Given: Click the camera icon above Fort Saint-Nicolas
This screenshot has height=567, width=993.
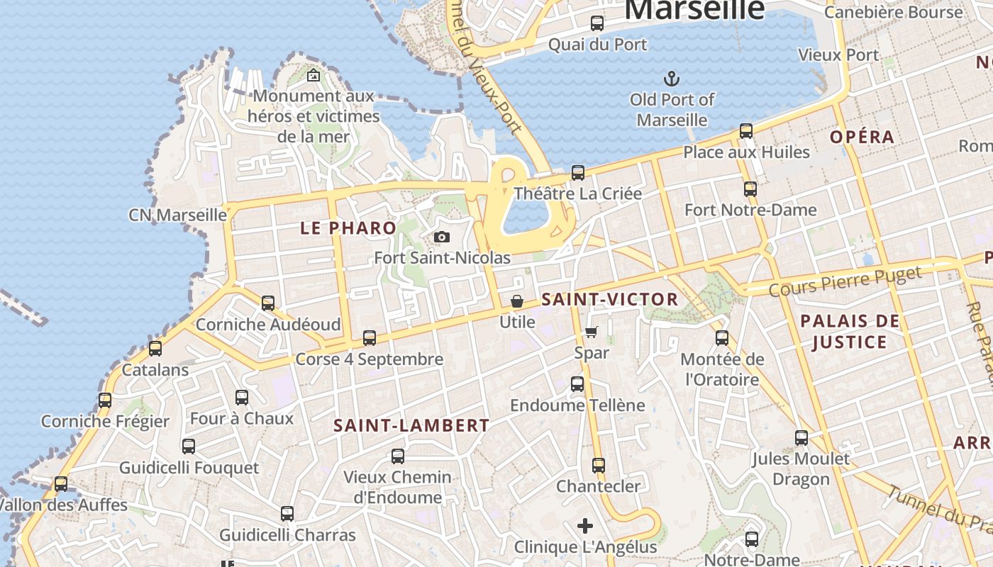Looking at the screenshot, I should pos(442,237).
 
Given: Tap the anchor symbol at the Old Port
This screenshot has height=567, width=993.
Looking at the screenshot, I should pos(671,78).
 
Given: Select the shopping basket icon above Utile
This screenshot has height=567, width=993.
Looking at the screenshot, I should pos(517,302).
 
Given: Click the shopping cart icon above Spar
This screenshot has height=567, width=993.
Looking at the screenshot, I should pos(592,332).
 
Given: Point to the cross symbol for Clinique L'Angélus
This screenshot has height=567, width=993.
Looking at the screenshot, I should pos(585,526).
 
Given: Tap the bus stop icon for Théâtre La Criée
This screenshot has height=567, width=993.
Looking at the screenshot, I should pos(578,173).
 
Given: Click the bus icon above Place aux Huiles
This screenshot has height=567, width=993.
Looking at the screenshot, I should pos(746,131).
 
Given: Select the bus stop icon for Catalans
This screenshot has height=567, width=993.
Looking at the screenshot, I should pos(155,349).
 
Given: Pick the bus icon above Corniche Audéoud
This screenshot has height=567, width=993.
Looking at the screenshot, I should pos(268,303).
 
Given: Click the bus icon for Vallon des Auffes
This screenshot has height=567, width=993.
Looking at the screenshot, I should pos(61,484).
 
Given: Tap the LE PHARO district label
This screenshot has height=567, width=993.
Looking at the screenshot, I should pos(348,228).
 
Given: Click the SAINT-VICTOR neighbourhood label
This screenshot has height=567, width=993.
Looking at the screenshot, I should pos(610,299).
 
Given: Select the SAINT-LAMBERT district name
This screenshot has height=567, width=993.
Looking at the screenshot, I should pos(411,425).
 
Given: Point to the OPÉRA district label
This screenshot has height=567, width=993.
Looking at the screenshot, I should pos(862,137).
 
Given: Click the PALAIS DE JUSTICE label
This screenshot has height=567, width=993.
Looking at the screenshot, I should pos(850,332).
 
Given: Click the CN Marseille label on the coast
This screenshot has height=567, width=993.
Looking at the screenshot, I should pos(177,215).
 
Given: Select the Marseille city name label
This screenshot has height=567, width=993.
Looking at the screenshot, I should pos(694,10).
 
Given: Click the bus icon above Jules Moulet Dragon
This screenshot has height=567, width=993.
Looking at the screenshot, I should pos(801,438).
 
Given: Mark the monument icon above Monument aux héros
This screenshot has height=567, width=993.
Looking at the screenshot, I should pos(314,75).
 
